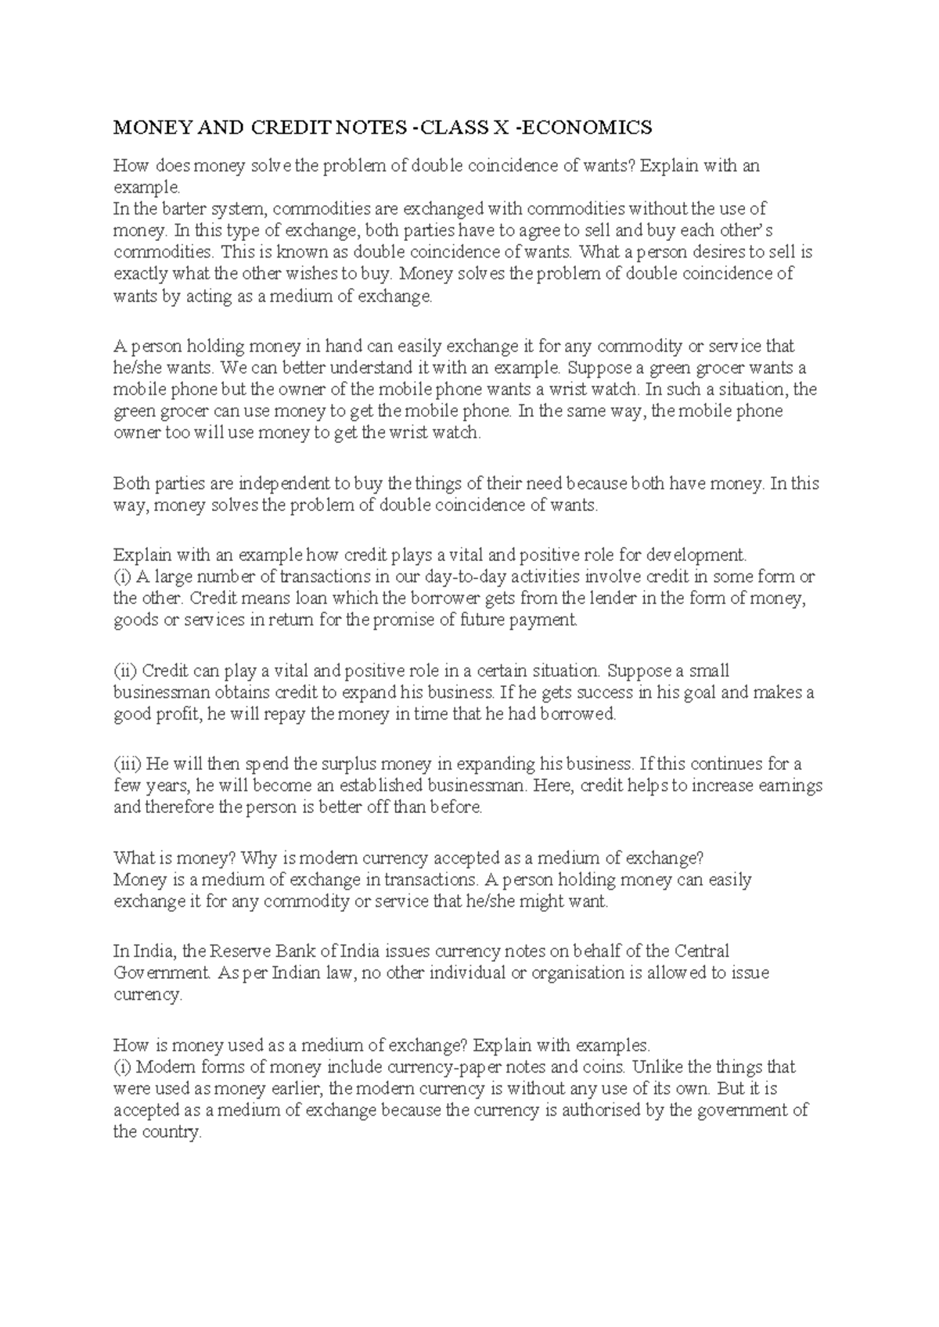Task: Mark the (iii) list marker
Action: [x=127, y=764]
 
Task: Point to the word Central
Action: [x=702, y=951]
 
